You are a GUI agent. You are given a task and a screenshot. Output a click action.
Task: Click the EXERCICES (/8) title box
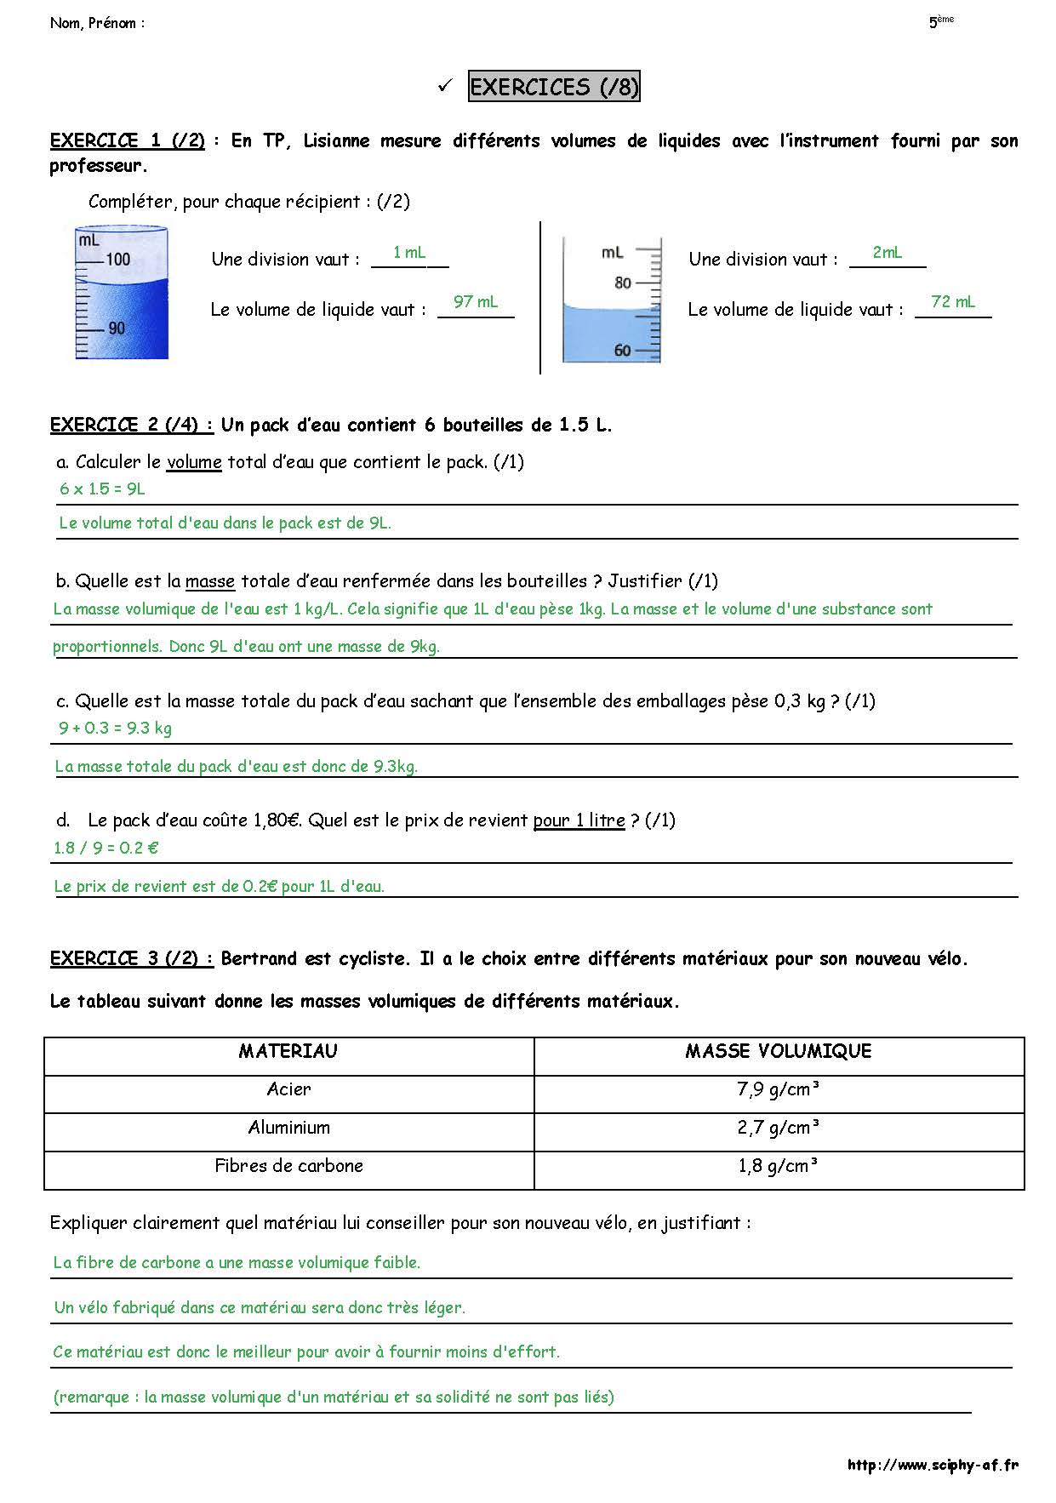click(x=554, y=87)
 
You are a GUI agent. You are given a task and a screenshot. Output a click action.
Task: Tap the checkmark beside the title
click(x=444, y=86)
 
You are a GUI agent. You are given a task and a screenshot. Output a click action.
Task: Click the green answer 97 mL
click(x=476, y=302)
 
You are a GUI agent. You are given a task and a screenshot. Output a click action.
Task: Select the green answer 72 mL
click(x=953, y=302)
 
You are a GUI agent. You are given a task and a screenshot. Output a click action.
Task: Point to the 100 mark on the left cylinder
click(x=117, y=259)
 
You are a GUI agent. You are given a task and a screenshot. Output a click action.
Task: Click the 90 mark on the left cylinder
click(x=117, y=329)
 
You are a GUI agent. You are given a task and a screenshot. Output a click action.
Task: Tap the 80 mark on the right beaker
click(x=623, y=283)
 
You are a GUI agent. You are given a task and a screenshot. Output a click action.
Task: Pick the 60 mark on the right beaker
click(x=623, y=351)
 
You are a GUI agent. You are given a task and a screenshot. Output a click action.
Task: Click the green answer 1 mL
click(x=409, y=253)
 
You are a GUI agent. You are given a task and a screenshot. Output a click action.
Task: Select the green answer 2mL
click(x=888, y=253)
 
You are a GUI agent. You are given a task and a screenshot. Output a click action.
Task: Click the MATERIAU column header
click(x=288, y=1052)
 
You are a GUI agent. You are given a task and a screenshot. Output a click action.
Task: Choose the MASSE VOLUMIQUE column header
click(x=779, y=1052)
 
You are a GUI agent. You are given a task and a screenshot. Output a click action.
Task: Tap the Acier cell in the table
click(x=288, y=1090)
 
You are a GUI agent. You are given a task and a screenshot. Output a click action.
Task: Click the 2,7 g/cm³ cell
click(x=779, y=1129)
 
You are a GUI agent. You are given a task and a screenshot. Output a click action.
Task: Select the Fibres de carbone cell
click(x=288, y=1167)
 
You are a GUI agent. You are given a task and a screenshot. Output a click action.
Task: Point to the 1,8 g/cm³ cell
click(x=779, y=1167)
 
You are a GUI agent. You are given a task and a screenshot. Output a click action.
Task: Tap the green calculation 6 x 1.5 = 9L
click(x=102, y=489)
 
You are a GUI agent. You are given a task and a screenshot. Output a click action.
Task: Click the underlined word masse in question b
click(x=209, y=582)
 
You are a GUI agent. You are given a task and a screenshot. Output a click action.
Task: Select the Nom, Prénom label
click(x=97, y=24)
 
